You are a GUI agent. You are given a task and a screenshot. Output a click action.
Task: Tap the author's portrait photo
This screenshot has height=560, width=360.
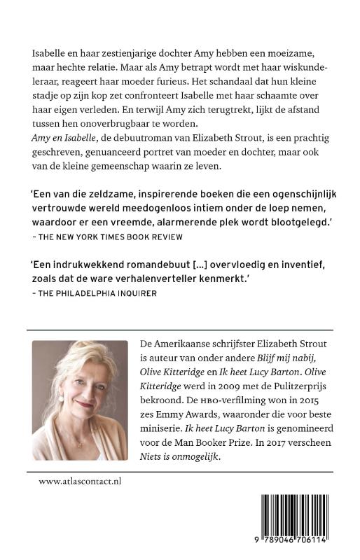81,400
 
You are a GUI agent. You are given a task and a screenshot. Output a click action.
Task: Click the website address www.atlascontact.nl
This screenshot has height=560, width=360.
81,482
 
